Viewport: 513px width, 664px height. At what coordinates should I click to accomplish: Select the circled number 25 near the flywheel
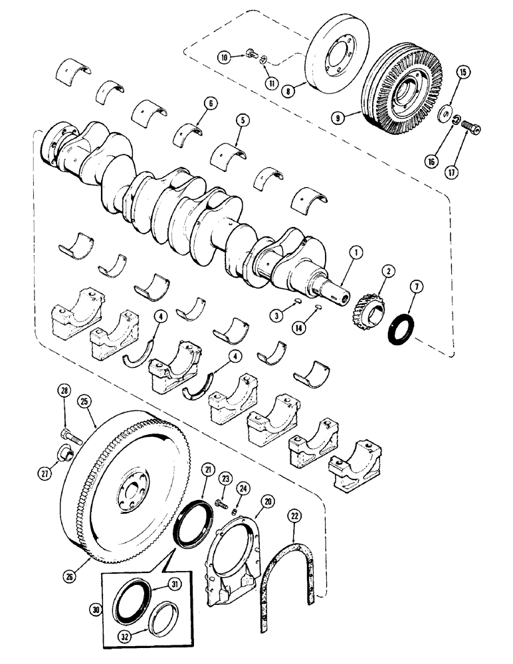83,400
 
